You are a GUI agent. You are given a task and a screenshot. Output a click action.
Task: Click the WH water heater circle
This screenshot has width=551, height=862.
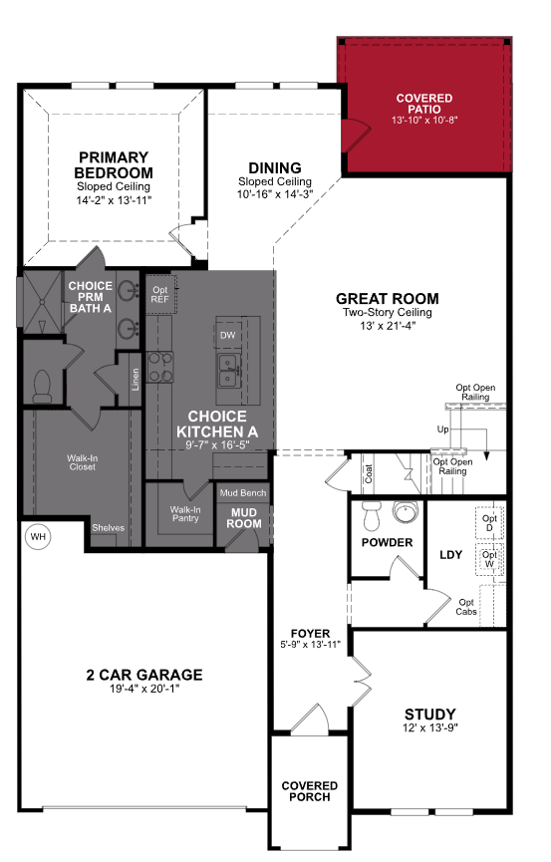39,536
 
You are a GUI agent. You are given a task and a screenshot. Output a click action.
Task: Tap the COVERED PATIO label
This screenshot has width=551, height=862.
423,104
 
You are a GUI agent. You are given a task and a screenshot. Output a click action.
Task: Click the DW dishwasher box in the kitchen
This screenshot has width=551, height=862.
228,335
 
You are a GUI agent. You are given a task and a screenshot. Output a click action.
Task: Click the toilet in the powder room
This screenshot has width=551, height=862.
371,515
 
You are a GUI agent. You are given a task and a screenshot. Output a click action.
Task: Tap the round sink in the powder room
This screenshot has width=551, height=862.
404,512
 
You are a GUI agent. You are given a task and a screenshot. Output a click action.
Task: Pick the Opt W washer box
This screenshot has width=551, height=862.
489,559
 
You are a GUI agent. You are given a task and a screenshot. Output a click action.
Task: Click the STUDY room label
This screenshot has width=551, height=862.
429,715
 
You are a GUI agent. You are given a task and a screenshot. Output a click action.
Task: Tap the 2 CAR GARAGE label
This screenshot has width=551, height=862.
145,675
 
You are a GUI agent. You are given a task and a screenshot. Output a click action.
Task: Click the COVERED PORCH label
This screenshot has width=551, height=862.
308,791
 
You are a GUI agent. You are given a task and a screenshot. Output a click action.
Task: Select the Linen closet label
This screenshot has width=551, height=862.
136,380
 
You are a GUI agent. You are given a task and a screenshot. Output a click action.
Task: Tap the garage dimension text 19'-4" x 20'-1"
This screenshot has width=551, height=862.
145,692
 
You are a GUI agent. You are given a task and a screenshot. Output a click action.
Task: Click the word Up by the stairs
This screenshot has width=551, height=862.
442,430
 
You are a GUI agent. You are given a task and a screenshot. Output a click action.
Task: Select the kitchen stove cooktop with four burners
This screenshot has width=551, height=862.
161,367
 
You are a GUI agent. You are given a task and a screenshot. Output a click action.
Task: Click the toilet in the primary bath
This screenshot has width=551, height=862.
42,385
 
